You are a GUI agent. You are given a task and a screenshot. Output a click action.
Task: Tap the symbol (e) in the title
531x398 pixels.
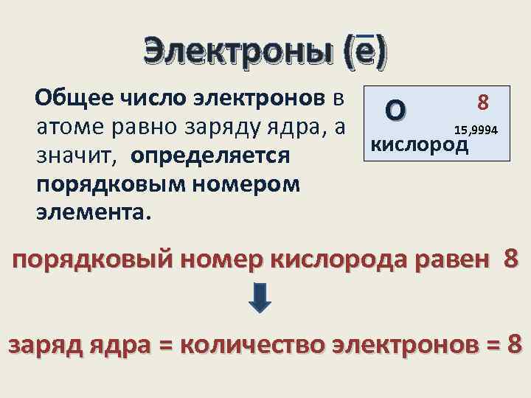pos(366,52)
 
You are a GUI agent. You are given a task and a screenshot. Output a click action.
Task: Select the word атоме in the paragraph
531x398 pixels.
pos(68,126)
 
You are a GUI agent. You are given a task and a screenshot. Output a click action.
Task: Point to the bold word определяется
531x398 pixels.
pos(212,156)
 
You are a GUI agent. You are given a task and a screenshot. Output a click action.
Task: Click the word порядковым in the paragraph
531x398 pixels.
pos(97,184)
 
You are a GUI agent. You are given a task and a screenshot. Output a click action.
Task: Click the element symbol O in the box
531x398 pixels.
pos(395,111)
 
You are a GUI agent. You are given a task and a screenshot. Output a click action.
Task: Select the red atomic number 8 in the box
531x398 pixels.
pos(484,101)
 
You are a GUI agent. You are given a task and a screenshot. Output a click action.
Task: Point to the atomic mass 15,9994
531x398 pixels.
pos(476,130)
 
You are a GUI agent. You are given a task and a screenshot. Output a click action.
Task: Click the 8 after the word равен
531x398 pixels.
pos(512,259)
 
